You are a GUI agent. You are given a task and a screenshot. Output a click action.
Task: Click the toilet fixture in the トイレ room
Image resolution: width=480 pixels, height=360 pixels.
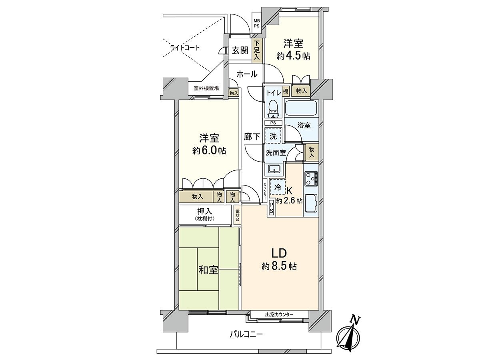[273, 107]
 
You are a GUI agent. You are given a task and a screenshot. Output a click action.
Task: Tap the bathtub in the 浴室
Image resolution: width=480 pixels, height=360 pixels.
[301, 108]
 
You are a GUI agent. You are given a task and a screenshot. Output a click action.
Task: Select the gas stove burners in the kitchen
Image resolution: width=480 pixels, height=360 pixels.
[311, 178]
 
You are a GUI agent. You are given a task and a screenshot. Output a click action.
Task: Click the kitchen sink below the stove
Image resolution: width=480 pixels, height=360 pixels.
[311, 203]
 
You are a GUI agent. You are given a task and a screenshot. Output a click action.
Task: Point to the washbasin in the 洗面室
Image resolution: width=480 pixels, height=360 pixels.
[274, 168]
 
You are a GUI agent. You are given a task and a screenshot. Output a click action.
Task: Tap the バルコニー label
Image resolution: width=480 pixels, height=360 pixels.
[246, 334]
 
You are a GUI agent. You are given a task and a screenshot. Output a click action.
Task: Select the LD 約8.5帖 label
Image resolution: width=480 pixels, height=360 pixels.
[279, 259]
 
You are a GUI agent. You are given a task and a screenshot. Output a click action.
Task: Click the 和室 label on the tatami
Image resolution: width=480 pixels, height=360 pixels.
[208, 270]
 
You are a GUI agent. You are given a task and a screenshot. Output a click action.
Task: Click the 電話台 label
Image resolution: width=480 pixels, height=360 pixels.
[237, 216]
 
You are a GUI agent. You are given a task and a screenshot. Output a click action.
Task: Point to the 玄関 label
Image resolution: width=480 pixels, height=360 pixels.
[240, 50]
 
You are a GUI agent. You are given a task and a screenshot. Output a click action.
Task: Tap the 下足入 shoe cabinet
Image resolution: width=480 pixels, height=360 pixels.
[257, 50]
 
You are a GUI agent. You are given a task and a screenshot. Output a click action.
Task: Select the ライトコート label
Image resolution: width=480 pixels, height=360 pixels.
[185, 48]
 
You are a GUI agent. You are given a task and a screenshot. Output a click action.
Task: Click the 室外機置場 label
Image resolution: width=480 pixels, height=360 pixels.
[206, 88]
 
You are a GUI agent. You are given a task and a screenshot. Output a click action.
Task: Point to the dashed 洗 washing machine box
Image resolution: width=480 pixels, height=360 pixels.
[273, 136]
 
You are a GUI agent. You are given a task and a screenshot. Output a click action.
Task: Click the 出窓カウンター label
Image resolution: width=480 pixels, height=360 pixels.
[279, 314]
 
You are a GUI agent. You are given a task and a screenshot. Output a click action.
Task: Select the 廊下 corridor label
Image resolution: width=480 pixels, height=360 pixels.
[252, 136]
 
